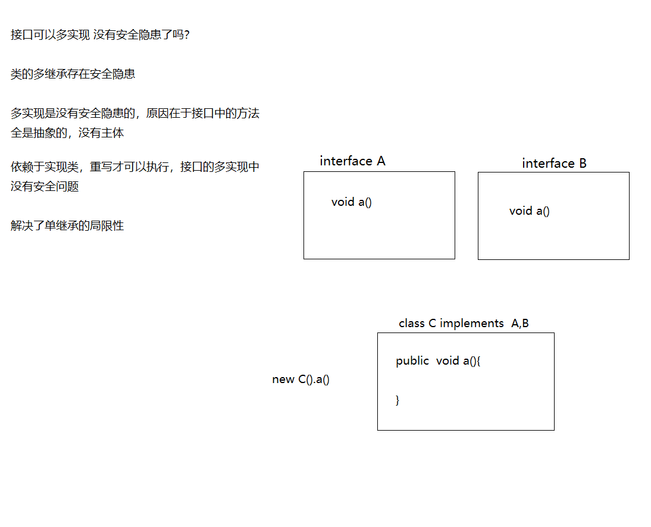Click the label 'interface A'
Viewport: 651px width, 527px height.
pyautogui.click(x=352, y=161)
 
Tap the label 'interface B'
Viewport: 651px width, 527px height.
pyautogui.click(x=554, y=164)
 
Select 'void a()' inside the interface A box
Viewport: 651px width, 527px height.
pyautogui.click(x=352, y=202)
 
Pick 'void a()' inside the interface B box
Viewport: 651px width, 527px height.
pyautogui.click(x=530, y=211)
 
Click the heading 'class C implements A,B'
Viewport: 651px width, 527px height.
pyautogui.click(x=464, y=324)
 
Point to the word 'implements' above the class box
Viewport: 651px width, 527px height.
pyautogui.click(x=472, y=324)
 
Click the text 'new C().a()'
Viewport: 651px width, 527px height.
pyautogui.click(x=301, y=379)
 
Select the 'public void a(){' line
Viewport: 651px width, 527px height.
pyautogui.click(x=438, y=361)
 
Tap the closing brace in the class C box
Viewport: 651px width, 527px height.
pyautogui.click(x=398, y=400)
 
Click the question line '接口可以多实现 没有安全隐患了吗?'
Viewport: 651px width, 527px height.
pyautogui.click(x=100, y=35)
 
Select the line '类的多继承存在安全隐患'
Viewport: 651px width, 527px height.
pyautogui.click(x=73, y=74)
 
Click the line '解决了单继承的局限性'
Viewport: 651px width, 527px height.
pyautogui.click(x=67, y=226)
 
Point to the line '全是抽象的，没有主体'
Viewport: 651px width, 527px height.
pyautogui.click(x=67, y=133)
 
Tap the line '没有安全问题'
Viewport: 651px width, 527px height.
pyautogui.click(x=45, y=187)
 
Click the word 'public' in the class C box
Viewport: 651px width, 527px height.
pyautogui.click(x=412, y=361)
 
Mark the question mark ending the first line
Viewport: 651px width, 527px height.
pyautogui.click(x=186, y=35)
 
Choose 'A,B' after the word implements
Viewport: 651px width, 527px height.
pyautogui.click(x=520, y=324)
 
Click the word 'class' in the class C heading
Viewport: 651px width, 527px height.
pyautogui.click(x=412, y=324)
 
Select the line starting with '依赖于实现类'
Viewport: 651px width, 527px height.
pyautogui.click(x=135, y=167)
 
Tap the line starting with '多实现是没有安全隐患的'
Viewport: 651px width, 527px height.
pyautogui.click(x=135, y=114)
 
